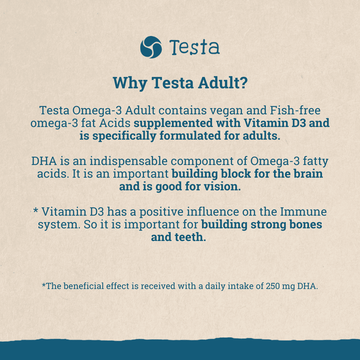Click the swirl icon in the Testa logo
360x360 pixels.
click(x=151, y=47)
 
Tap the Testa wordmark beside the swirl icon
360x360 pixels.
click(x=195, y=47)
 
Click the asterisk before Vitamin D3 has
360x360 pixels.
click(x=36, y=211)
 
